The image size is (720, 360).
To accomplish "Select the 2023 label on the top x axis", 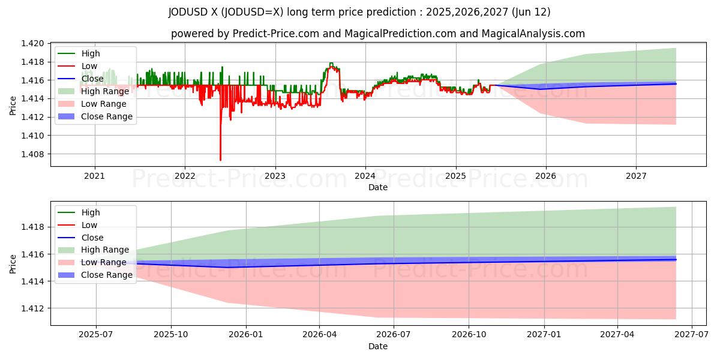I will point(275,176).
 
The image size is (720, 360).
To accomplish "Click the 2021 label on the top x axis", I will point(94,176).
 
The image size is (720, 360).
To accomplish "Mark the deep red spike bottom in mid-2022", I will point(220,160).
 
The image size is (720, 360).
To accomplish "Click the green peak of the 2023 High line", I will point(331,63).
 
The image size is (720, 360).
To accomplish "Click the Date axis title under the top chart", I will point(378,187).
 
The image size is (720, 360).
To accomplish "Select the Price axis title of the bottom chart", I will point(13,263).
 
